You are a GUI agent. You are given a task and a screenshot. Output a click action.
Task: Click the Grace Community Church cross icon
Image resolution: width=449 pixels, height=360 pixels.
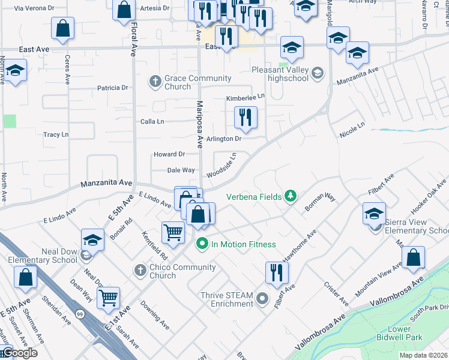point(155,81)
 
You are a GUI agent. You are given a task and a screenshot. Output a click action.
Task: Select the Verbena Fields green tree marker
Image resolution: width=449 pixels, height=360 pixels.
point(291,196)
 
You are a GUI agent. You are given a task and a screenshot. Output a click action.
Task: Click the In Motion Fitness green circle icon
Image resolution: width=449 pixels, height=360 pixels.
point(202,244)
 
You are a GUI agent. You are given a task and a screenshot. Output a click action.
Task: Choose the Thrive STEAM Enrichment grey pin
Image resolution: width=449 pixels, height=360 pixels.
point(262,298)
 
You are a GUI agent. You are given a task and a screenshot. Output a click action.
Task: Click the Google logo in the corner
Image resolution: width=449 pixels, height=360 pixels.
point(19,353)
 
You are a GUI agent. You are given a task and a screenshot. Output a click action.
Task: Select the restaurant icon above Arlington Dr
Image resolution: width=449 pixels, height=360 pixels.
point(245,117)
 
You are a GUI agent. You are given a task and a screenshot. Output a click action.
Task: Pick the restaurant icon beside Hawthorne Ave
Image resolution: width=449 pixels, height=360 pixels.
point(277,272)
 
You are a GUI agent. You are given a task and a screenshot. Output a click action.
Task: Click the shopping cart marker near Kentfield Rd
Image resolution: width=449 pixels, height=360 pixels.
point(173,232)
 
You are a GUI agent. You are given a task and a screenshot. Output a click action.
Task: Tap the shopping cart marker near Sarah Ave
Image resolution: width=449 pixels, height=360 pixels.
point(108,297)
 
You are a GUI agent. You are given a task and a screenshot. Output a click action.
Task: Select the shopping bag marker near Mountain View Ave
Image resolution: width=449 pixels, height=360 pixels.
point(413,258)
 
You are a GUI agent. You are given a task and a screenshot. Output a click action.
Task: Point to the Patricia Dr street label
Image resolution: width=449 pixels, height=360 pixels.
point(113,88)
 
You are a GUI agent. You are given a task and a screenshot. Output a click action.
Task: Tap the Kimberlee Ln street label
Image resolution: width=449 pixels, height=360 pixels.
point(245,97)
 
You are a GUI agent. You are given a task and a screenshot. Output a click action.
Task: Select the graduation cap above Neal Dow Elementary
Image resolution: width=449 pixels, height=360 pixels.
point(92,241)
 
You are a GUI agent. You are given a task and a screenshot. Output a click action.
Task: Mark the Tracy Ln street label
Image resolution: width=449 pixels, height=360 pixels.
point(56,135)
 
